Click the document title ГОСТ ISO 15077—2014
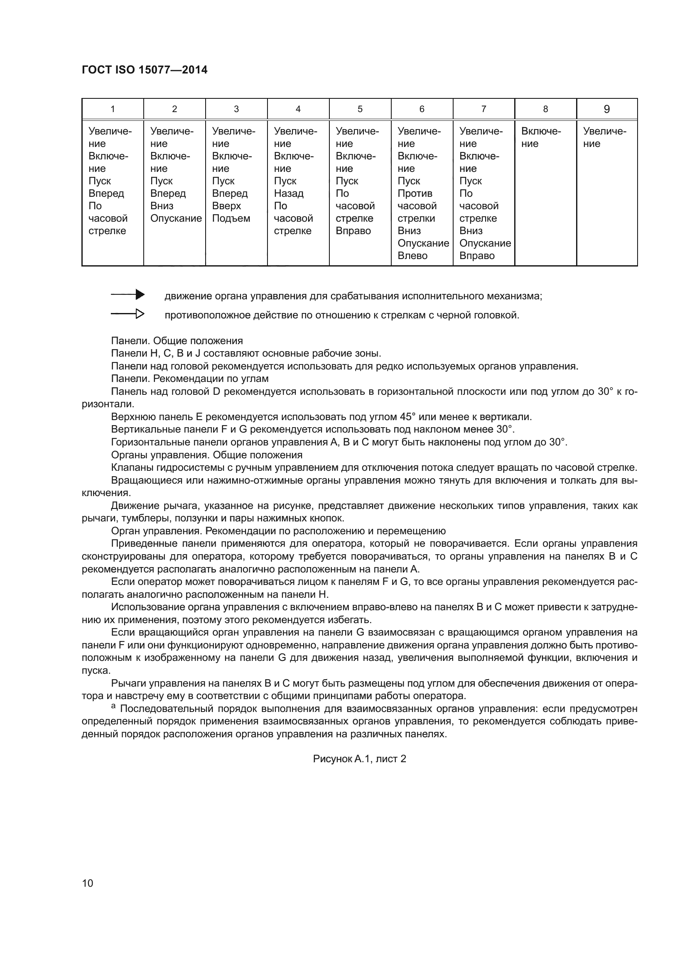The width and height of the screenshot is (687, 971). click(144, 70)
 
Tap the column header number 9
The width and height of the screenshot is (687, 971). click(606, 109)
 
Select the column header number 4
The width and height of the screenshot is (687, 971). click(298, 109)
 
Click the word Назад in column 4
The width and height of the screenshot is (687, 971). click(289, 194)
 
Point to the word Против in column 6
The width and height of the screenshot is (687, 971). click(415, 194)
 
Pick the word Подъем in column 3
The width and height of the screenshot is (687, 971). click(231, 219)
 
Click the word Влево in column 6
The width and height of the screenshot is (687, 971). click(412, 256)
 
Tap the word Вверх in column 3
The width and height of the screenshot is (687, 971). click(226, 206)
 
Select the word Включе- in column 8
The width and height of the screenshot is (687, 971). click(541, 132)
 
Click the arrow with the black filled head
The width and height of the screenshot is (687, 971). click(128, 295)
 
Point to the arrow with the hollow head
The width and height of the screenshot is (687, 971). click(128, 314)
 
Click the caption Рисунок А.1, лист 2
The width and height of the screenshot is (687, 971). click(359, 770)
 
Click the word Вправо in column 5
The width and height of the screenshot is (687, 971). click(353, 231)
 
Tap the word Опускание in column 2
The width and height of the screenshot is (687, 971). click(176, 219)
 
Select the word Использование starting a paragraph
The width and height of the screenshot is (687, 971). click(146, 607)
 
